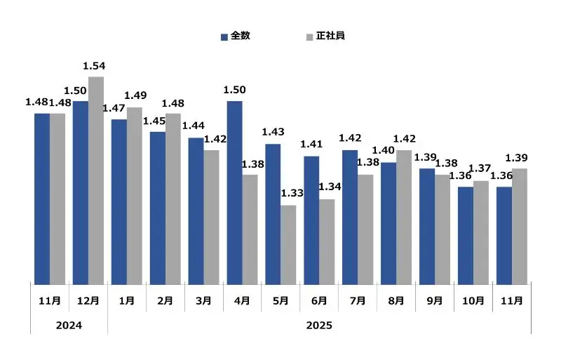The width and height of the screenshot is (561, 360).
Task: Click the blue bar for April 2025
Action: (234, 193)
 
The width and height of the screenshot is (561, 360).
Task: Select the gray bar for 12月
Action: (96, 180)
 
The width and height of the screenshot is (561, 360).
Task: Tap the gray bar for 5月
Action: (288, 245)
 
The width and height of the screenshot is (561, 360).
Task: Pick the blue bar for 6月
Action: (311, 220)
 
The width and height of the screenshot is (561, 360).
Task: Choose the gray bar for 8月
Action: (404, 218)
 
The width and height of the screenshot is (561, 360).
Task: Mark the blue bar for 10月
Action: (465, 236)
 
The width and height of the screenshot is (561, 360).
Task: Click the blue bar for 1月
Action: (119, 202)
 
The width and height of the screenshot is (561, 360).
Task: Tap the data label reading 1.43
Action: (272, 132)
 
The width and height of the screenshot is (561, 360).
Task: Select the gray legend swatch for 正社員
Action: (310, 36)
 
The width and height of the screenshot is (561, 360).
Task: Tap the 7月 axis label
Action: (357, 301)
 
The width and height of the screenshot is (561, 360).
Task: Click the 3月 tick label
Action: (203, 301)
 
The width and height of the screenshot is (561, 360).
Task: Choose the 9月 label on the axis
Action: (434, 301)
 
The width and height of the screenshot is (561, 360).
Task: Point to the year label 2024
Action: (69, 326)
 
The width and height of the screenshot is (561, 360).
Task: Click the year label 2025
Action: (319, 326)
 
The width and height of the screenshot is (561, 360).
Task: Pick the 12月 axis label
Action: (88, 301)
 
